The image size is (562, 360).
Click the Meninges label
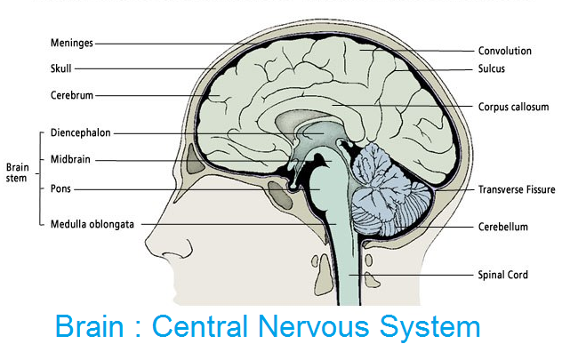click(x=72, y=42)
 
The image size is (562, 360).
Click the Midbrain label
click(x=71, y=160)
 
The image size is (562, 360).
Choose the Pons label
click(x=61, y=188)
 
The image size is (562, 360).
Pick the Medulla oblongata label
click(x=92, y=225)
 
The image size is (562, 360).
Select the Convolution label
click(x=505, y=51)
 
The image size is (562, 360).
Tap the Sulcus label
click(x=492, y=68)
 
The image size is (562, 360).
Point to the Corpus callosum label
click(x=513, y=107)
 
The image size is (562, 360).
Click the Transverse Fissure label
click(x=516, y=189)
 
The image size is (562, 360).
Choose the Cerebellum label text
click(x=502, y=227)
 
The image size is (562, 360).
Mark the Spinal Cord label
click(x=502, y=275)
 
